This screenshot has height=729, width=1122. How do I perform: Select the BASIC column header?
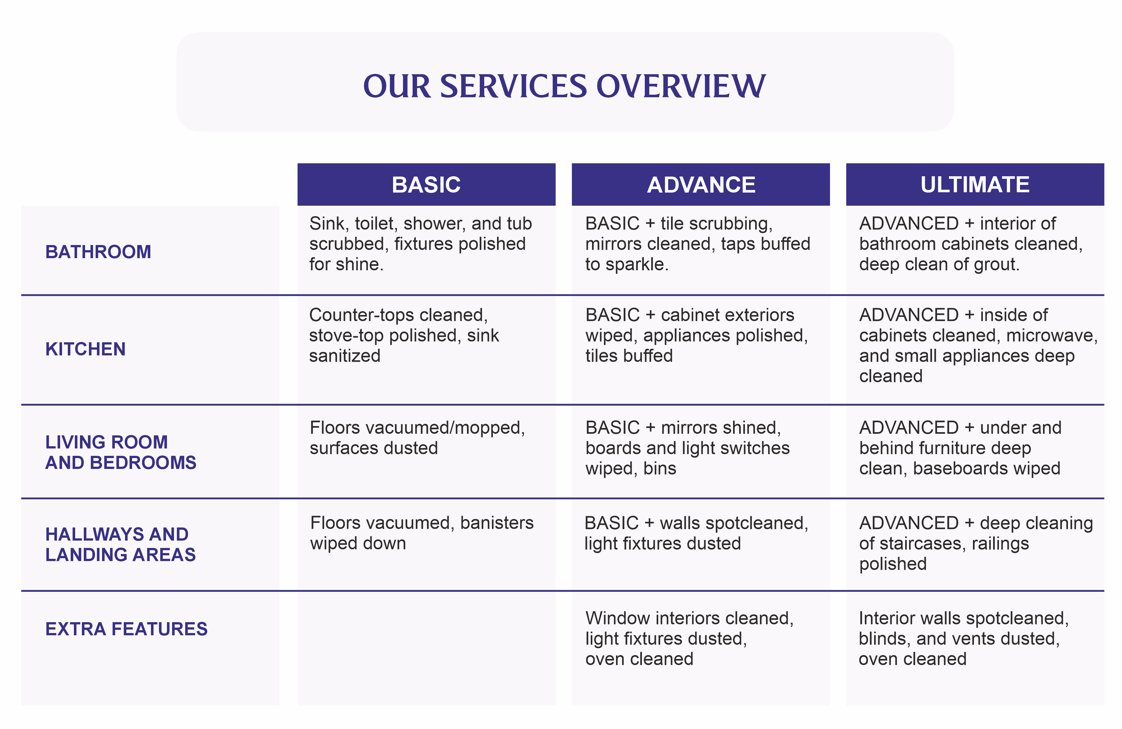coord(426,184)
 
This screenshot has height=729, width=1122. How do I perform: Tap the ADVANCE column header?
coord(700,184)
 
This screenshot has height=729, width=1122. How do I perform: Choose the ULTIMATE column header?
coord(975,184)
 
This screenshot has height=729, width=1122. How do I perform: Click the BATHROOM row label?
coord(98,252)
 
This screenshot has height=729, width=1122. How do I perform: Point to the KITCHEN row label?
coord(85,349)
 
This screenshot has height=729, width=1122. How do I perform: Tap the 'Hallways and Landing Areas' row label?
coord(120,544)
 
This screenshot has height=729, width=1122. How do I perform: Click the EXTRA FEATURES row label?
coord(126,629)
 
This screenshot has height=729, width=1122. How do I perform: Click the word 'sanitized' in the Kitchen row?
coord(344,355)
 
